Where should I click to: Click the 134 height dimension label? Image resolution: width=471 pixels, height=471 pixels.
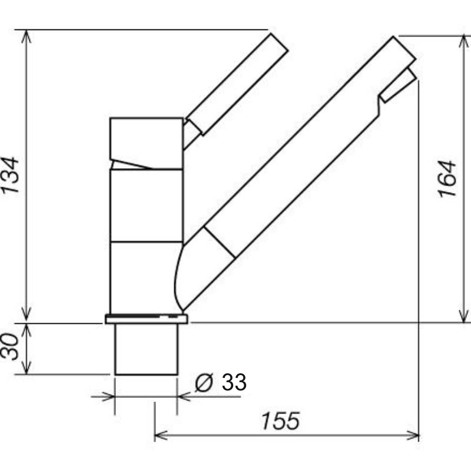(10, 175)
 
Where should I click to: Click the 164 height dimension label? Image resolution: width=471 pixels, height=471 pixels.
(447, 179)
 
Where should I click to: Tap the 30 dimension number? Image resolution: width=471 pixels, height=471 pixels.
(9, 346)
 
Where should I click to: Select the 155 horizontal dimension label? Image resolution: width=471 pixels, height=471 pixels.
(281, 421)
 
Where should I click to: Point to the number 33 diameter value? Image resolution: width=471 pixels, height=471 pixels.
(234, 382)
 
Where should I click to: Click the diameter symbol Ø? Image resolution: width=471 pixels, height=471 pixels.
(204, 382)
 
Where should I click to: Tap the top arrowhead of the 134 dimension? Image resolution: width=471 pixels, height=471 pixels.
(26, 36)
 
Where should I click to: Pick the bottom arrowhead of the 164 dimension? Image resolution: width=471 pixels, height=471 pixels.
(464, 317)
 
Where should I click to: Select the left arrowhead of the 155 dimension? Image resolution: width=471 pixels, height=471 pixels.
(161, 435)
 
